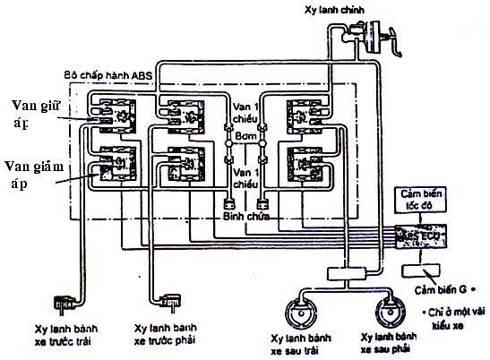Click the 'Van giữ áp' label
pos(33,111)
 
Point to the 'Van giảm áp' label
pos(31,171)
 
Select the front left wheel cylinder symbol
pos(62,304)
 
